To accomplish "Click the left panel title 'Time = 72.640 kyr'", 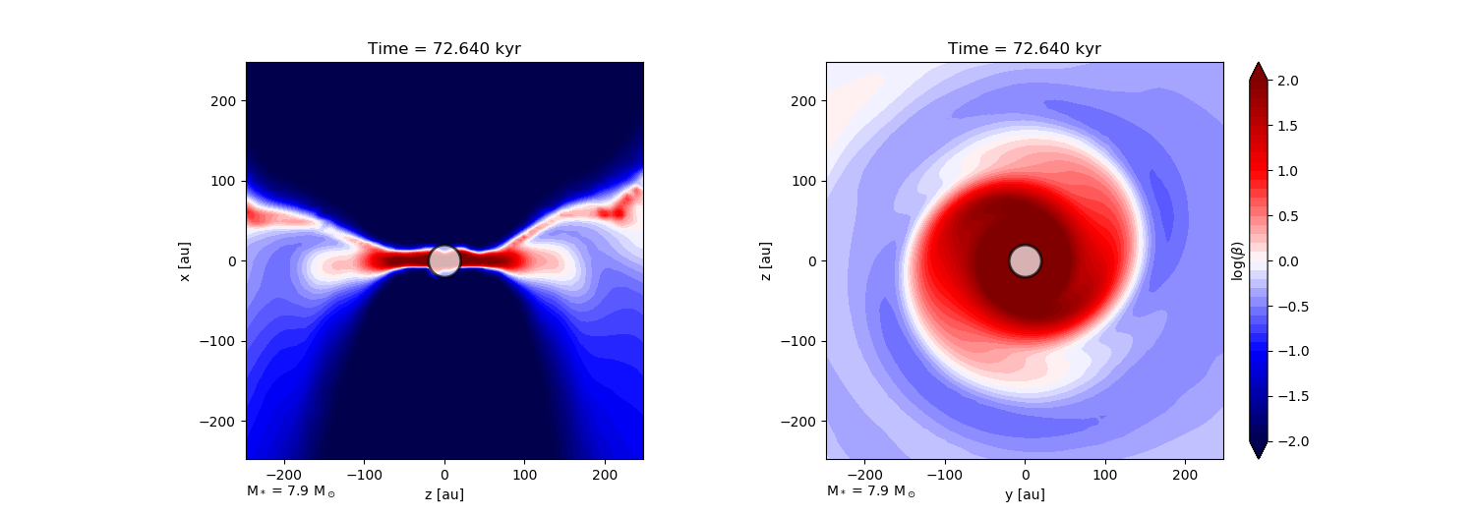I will (x=444, y=49).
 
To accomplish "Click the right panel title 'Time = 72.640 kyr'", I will (x=1025, y=49).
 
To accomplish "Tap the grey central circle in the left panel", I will (x=444, y=260).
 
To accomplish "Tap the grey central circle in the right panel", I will (x=1025, y=260).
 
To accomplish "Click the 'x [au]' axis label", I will (x=184, y=260).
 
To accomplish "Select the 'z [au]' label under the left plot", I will (x=444, y=494).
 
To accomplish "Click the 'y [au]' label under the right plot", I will (x=1025, y=494).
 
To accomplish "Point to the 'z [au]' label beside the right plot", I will (x=764, y=260).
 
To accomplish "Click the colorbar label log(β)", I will (x=1238, y=260).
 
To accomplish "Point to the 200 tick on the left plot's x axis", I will (x=605, y=473).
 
